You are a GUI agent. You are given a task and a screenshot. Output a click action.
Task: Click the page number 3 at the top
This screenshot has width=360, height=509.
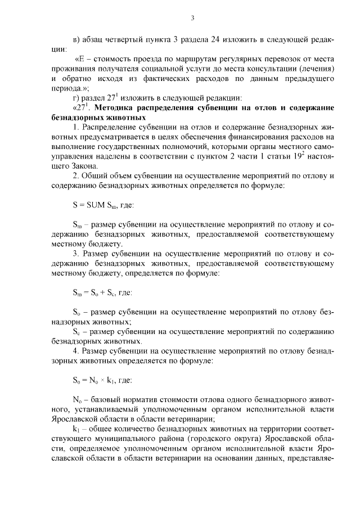click(192, 17)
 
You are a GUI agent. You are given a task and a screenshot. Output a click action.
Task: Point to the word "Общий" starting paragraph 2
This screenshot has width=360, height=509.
click(94, 175)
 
